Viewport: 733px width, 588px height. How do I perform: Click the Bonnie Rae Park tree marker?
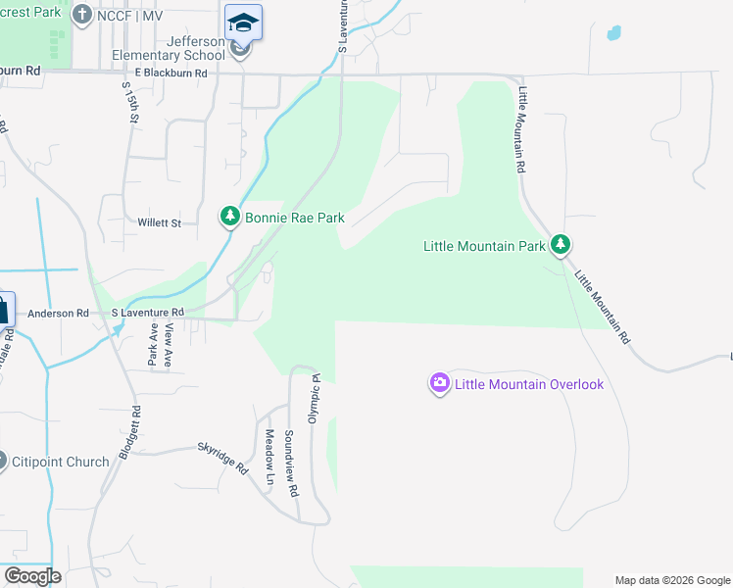coord(229,217)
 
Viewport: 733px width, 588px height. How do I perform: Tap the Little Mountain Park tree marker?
coord(560,244)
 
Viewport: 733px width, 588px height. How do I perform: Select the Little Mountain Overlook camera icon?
coord(440,383)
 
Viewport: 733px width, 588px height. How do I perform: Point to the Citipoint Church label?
coord(60,461)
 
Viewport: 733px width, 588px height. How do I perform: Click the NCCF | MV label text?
coord(129,16)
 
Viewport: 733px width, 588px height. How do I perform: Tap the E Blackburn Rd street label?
coord(171,73)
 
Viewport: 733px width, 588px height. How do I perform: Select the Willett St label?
coord(159,223)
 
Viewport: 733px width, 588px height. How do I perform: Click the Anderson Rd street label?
coord(58,314)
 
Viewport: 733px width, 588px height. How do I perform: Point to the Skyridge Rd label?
coord(223,457)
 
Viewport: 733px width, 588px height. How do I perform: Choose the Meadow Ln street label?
coord(269,458)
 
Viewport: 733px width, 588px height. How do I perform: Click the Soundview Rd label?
coord(290,463)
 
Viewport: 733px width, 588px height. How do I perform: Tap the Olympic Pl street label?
coord(316,396)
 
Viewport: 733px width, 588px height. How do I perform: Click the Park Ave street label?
coord(153,345)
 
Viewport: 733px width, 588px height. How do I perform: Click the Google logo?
coord(31,576)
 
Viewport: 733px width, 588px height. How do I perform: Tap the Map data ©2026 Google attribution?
coord(671,580)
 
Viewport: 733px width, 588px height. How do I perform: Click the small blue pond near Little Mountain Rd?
coord(614,32)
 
